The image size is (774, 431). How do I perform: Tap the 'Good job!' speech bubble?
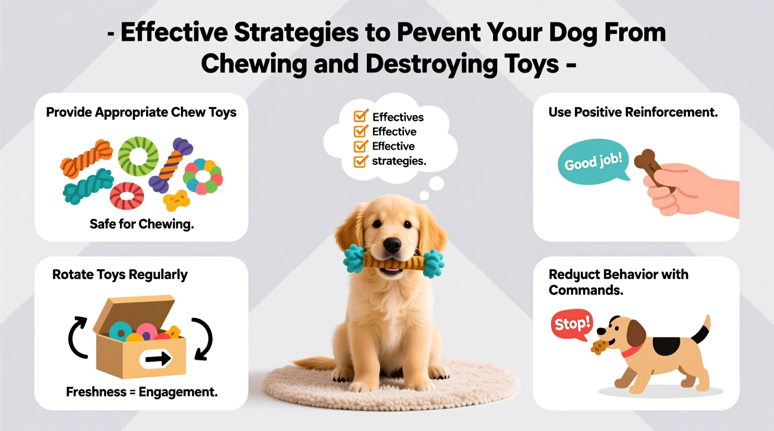tap(593, 162)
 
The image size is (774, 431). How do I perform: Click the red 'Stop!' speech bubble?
tap(572, 324)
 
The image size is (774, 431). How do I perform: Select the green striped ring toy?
tap(138, 156)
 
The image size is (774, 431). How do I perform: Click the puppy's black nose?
tap(392, 244)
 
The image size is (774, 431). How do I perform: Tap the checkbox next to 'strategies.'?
tap(360, 161)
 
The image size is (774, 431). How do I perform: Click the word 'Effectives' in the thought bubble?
tap(398, 117)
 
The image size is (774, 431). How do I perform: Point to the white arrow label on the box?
tap(156, 359)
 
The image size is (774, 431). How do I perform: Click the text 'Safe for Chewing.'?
tap(141, 224)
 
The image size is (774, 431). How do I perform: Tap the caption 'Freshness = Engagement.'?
tap(141, 392)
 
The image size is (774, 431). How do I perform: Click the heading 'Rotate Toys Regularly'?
tap(120, 274)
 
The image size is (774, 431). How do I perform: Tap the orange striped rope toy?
tap(87, 158)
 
